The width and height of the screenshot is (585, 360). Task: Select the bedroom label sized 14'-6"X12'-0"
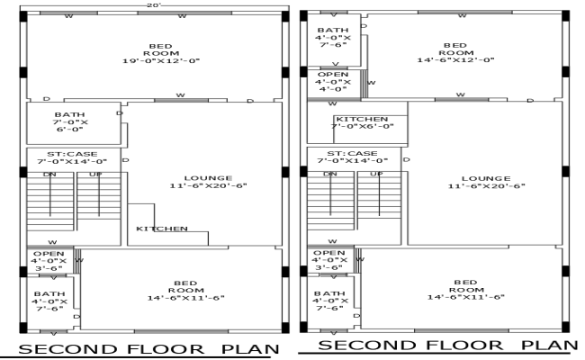tap(456, 53)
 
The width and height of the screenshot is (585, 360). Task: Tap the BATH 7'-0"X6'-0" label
tap(69, 122)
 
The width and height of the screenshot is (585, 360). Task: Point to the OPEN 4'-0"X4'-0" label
tap(332, 82)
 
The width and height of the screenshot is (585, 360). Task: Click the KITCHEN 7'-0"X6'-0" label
tap(363, 122)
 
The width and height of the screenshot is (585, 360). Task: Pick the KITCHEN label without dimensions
tap(162, 229)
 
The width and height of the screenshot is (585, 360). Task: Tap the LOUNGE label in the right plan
tap(486, 182)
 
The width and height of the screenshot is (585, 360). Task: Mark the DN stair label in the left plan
tap(50, 173)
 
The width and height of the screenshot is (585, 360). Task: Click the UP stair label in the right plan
tap(377, 173)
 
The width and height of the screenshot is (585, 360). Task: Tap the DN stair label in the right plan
tap(330, 173)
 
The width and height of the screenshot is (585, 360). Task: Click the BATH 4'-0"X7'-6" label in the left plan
tap(49, 301)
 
